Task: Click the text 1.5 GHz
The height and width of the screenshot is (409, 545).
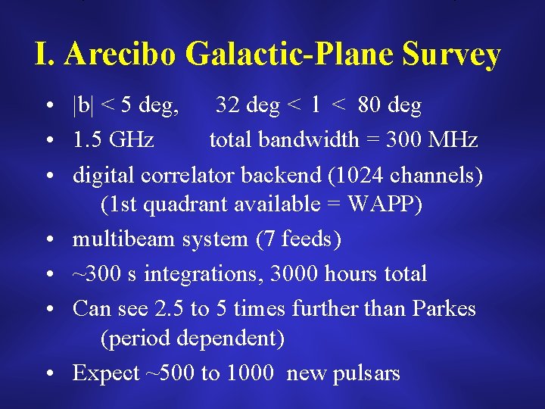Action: pos(114,140)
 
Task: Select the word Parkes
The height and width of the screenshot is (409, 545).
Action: pos(444,308)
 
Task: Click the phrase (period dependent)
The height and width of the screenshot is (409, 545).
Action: pos(192,339)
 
